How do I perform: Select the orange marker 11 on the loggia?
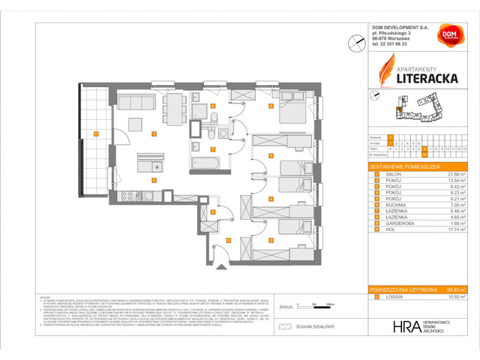[96, 133]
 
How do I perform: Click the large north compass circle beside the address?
[352, 44]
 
